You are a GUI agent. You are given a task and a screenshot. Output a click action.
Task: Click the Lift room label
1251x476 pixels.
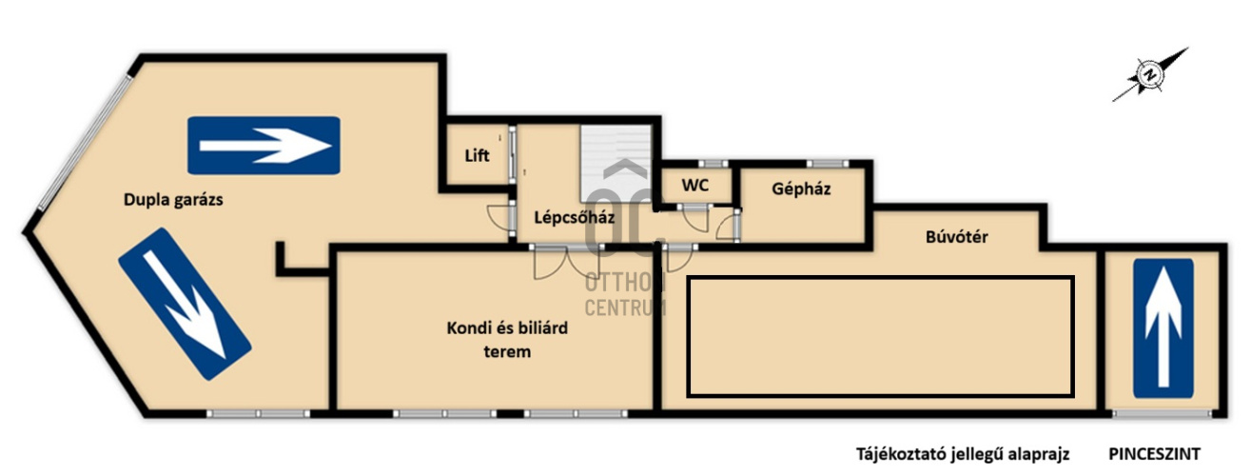[x=477, y=155]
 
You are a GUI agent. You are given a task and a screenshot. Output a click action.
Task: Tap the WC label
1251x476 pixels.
[x=695, y=185]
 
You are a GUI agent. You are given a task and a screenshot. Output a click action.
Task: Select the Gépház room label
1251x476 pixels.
[x=801, y=188]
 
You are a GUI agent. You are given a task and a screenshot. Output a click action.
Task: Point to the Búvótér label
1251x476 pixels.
[x=957, y=236]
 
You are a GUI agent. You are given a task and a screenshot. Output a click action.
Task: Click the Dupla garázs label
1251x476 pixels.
[x=173, y=200]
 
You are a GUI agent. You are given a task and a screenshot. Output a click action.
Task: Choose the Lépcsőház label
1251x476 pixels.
[x=574, y=217]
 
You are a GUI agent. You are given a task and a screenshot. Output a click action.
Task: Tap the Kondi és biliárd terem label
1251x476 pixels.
[x=507, y=340]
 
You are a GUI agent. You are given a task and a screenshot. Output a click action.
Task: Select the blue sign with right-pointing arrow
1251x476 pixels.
[x=264, y=146]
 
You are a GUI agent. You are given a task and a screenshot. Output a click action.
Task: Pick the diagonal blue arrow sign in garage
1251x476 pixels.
[x=185, y=304]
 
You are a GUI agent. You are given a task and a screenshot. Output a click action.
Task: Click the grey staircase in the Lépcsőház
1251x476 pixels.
[x=616, y=164]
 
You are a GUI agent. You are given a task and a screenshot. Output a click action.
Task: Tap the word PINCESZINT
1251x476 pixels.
[x=1154, y=454]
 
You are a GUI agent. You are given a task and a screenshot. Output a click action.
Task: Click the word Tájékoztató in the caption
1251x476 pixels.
[x=900, y=454]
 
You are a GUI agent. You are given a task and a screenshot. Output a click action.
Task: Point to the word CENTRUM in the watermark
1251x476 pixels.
[x=625, y=307]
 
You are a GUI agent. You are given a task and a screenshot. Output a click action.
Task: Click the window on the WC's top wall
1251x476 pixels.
[x=713, y=164]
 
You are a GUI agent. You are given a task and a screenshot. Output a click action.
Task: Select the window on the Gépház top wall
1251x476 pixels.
[x=827, y=164]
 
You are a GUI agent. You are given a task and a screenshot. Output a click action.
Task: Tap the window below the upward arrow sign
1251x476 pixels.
[x=1163, y=414]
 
